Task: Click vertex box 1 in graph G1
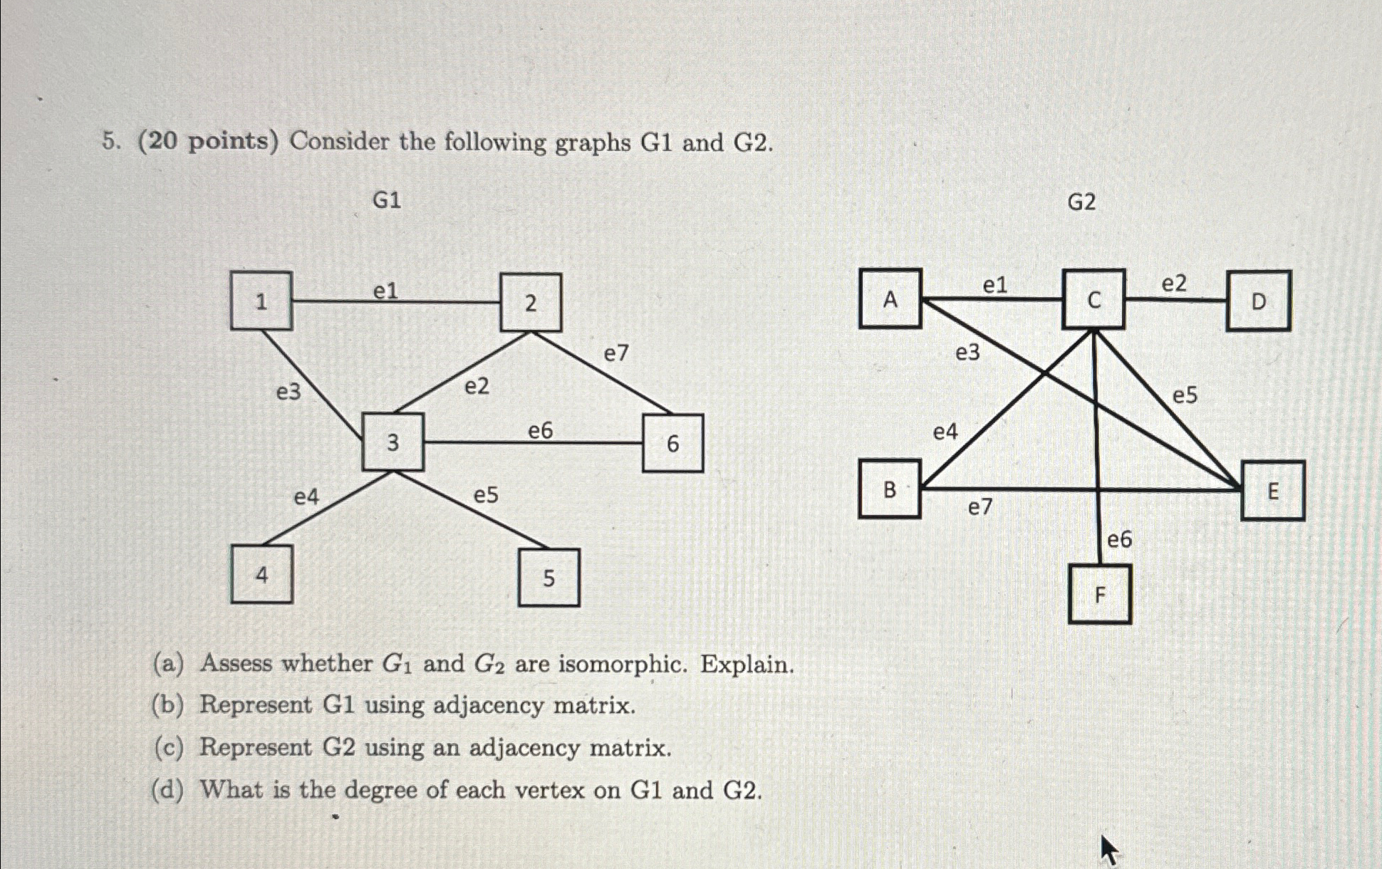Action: click(x=261, y=301)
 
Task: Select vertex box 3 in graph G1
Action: click(x=393, y=442)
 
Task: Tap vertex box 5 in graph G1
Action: click(x=549, y=578)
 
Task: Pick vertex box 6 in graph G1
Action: click(x=672, y=444)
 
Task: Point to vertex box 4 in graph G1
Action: click(x=261, y=574)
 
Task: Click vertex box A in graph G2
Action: click(x=890, y=299)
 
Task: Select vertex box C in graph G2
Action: click(x=1093, y=300)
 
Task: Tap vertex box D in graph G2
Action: click(x=1258, y=301)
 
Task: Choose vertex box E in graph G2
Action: click(x=1272, y=491)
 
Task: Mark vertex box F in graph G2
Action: click(x=1099, y=594)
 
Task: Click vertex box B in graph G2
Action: click(x=890, y=489)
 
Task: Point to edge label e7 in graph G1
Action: click(x=616, y=353)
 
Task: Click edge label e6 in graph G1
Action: click(x=540, y=430)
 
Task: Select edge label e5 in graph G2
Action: click(x=1185, y=395)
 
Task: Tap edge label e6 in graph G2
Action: click(x=1119, y=540)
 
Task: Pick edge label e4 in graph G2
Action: click(x=945, y=432)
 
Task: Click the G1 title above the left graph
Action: click(x=387, y=201)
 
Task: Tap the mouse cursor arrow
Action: click(x=1108, y=849)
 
